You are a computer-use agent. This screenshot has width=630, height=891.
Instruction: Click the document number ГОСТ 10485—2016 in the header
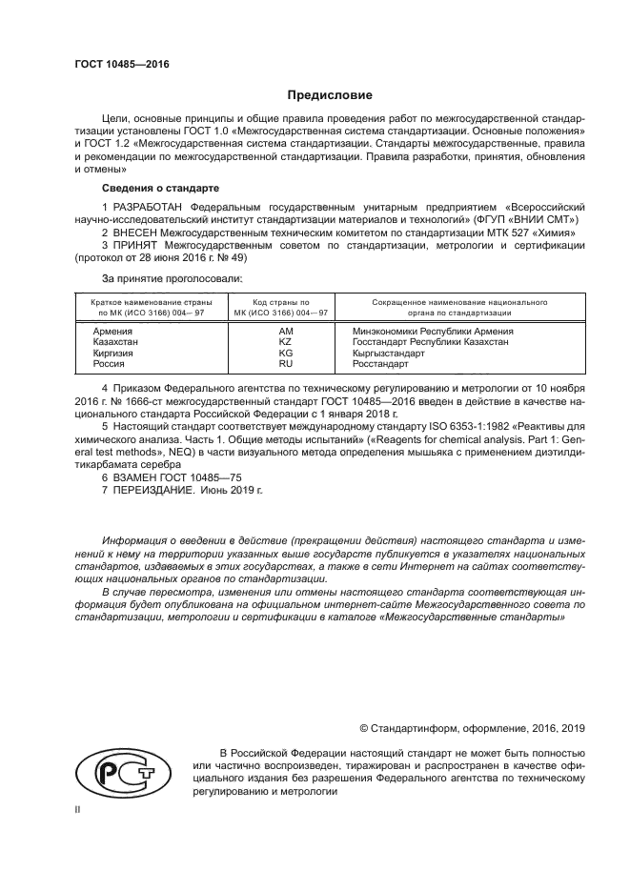[x=121, y=66]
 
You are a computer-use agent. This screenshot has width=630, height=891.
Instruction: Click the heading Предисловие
[x=331, y=95]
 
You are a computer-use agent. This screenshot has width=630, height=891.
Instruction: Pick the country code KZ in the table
[x=284, y=341]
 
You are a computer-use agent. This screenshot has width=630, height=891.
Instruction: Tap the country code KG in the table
[x=284, y=353]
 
